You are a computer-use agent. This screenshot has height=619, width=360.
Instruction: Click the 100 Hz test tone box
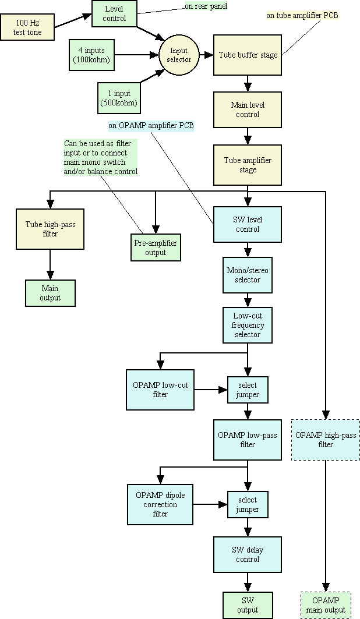point(28,27)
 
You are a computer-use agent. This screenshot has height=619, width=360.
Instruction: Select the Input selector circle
point(179,55)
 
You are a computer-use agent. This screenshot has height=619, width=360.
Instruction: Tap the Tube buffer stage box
point(248,55)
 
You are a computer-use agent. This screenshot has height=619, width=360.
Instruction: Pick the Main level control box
point(248,110)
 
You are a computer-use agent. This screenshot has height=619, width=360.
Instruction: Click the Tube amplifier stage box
point(248,165)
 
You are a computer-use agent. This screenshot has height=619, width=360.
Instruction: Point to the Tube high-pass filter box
point(50,229)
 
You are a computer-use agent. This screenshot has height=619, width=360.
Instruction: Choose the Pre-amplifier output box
point(156,247)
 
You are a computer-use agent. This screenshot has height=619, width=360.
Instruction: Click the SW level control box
point(248,224)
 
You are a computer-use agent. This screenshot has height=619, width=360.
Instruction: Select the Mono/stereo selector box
point(248,275)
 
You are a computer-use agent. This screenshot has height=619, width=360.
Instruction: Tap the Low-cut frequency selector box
point(248,325)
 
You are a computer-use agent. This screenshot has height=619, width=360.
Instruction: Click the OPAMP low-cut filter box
point(160,390)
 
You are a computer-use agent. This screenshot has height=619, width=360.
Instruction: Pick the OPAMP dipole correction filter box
point(160,504)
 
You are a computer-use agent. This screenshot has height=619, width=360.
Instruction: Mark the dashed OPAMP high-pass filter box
point(326,440)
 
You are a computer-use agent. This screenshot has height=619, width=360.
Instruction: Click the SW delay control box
point(248,554)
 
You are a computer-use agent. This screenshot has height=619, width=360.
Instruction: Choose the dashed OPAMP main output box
point(326,605)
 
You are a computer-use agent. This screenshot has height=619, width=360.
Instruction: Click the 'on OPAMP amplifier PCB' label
point(151,125)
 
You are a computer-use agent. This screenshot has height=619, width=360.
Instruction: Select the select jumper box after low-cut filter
point(248,390)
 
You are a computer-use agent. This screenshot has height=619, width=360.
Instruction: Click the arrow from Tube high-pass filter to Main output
point(50,265)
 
